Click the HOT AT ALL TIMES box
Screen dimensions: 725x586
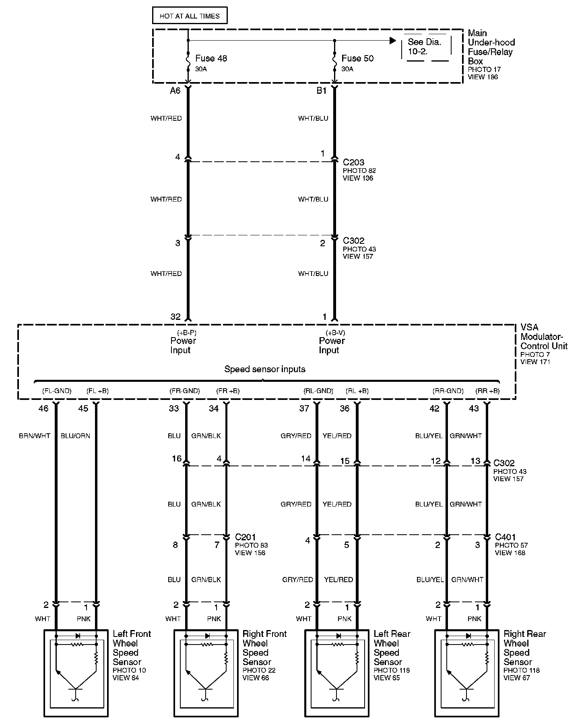(190, 16)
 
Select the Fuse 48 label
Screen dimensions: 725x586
(211, 58)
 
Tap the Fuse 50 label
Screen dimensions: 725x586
(357, 58)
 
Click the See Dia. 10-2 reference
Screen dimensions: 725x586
(424, 47)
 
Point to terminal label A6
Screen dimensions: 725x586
(175, 91)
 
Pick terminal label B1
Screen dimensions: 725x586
(321, 91)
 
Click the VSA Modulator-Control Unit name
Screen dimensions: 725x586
(543, 337)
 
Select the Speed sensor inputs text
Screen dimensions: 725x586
(265, 369)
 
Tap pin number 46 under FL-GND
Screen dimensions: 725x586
(43, 408)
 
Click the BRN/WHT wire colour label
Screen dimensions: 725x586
(35, 436)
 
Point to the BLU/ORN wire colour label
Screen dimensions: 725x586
(75, 436)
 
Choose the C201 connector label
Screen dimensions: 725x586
(245, 537)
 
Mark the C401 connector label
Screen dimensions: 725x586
(505, 537)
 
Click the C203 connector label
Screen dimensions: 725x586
(353, 163)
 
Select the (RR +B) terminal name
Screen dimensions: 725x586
(487, 391)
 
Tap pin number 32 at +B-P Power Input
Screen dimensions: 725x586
(175, 317)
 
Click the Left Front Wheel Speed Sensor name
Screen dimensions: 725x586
(132, 648)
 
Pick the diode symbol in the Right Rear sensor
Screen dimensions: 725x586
(468, 636)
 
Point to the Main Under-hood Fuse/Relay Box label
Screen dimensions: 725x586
(491, 47)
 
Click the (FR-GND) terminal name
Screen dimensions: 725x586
(185, 391)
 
